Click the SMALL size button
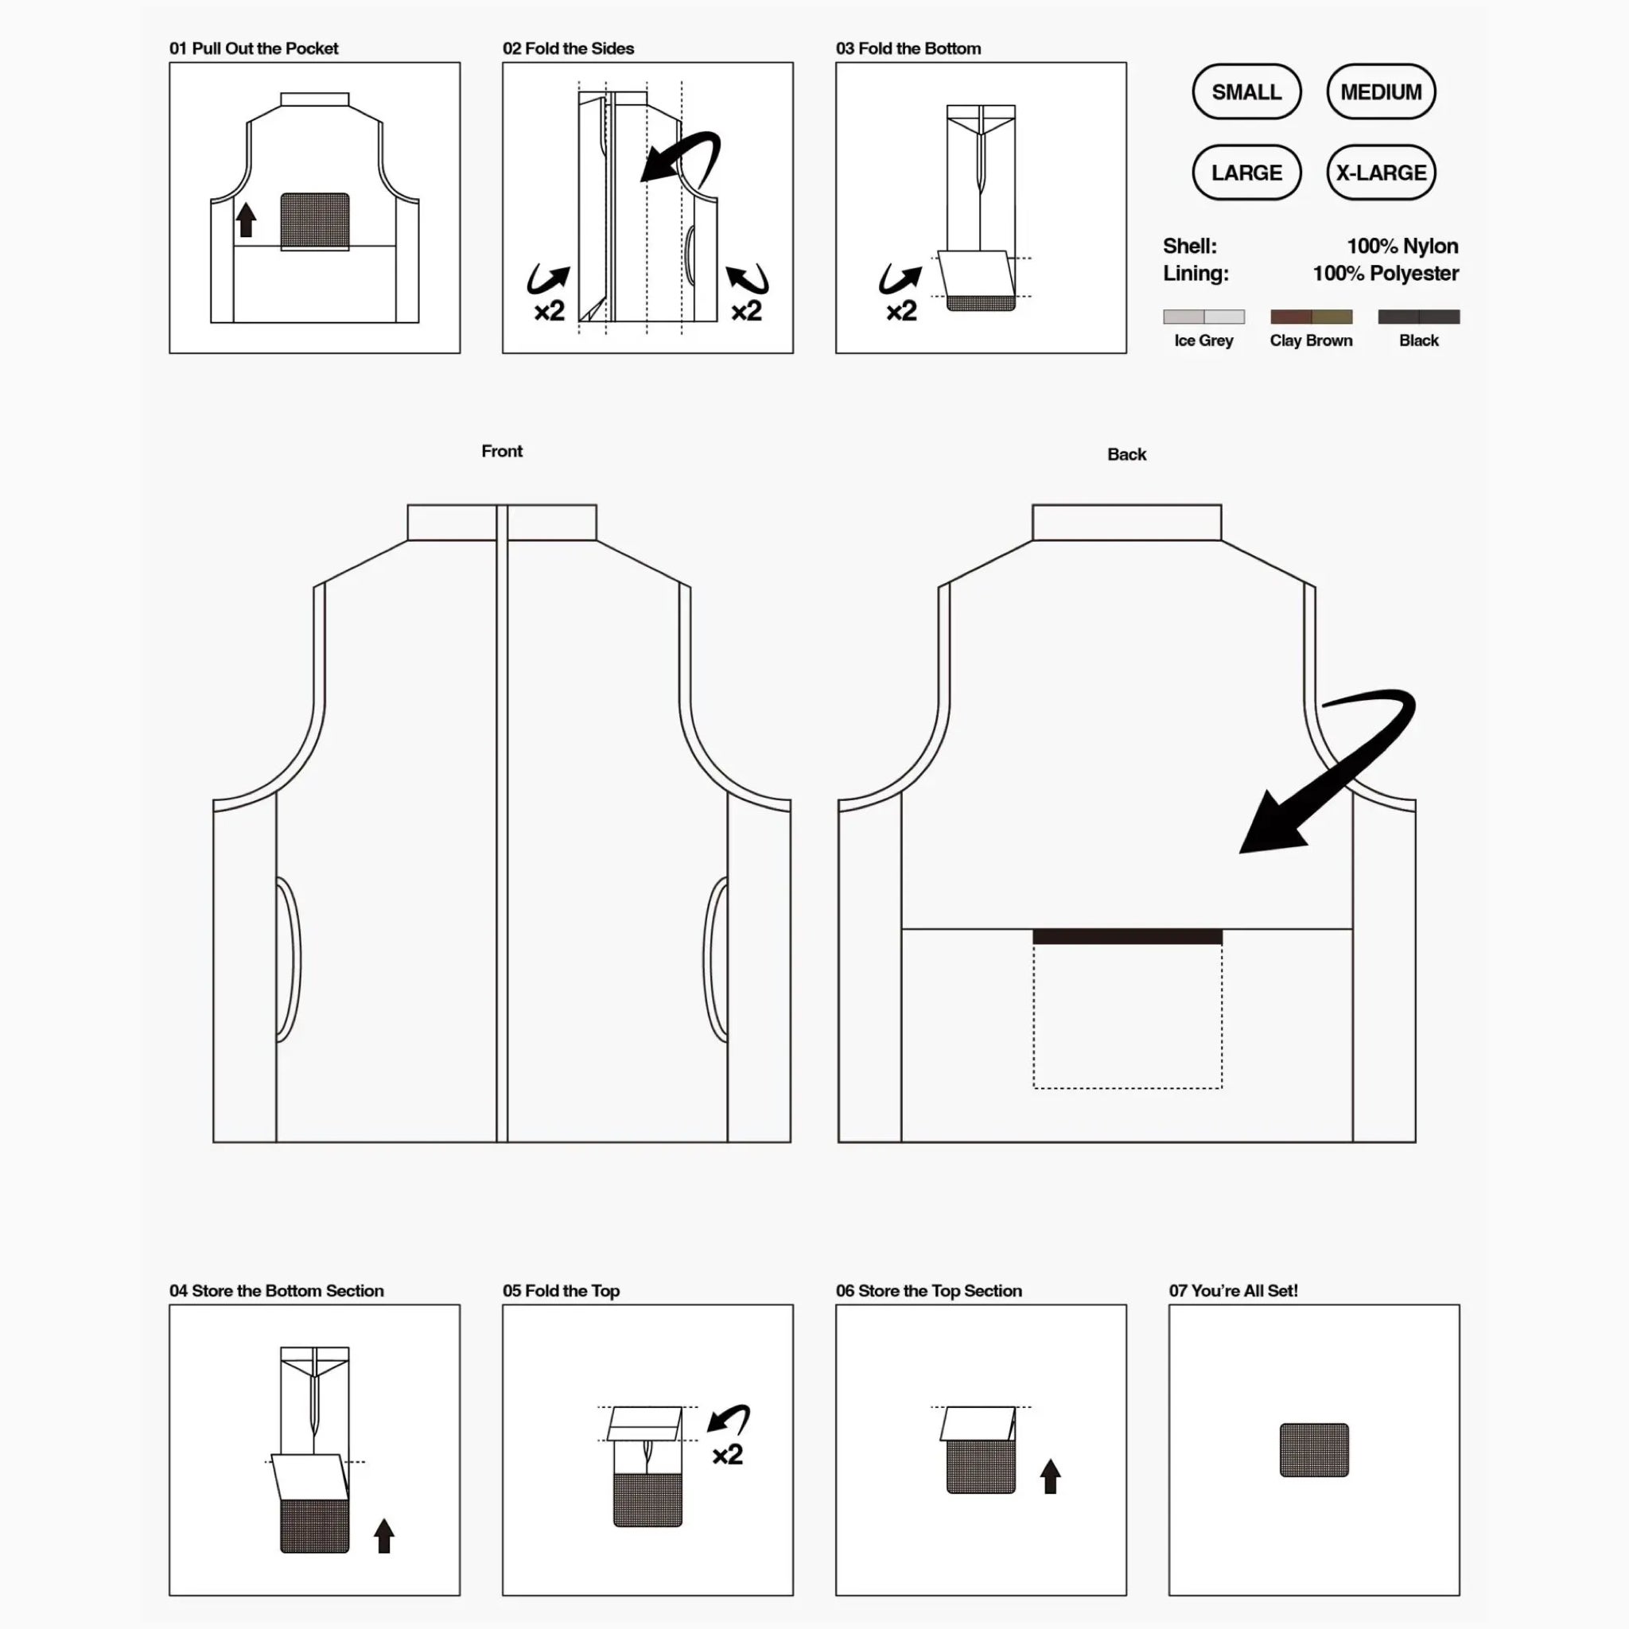tap(1246, 92)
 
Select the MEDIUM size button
tap(1380, 92)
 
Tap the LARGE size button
tap(1246, 173)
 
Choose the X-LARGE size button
tap(1380, 173)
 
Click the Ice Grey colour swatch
tap(1203, 317)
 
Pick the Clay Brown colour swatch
tap(1310, 317)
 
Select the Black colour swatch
tap(1418, 317)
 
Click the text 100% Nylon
tap(1402, 247)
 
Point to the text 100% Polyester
tap(1385, 273)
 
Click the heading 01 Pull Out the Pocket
tap(254, 49)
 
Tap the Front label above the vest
tap(502, 451)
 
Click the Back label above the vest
tap(1126, 454)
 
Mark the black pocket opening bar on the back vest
tap(1127, 937)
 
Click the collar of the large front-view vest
tap(502, 523)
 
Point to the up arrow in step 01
tap(247, 220)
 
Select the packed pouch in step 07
tap(1314, 1450)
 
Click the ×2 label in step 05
tap(727, 1455)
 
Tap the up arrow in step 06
tap(1050, 1476)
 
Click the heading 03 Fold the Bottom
tap(908, 49)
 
